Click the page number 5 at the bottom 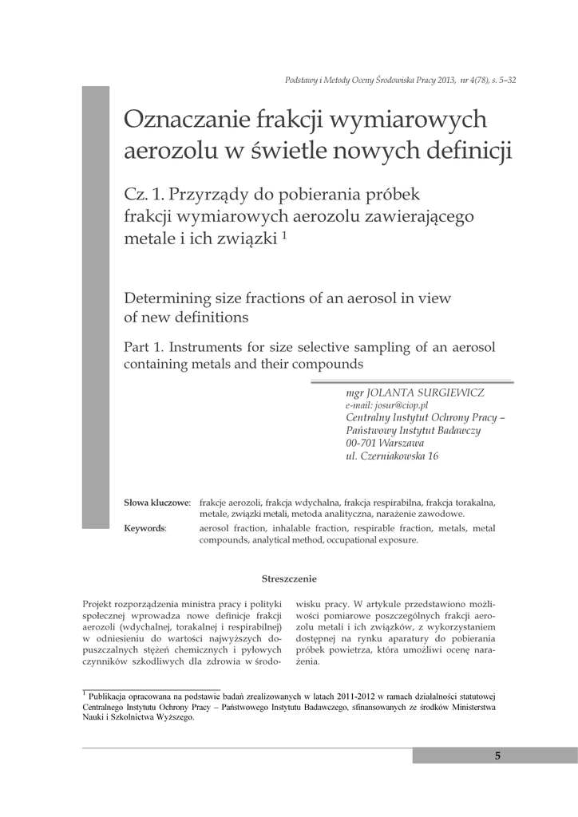[497, 756]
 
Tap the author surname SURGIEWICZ [449, 393]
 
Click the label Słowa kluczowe [156, 503]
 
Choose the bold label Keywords [144, 528]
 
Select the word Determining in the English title [166, 298]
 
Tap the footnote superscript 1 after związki [284, 236]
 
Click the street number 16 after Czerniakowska [433, 456]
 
